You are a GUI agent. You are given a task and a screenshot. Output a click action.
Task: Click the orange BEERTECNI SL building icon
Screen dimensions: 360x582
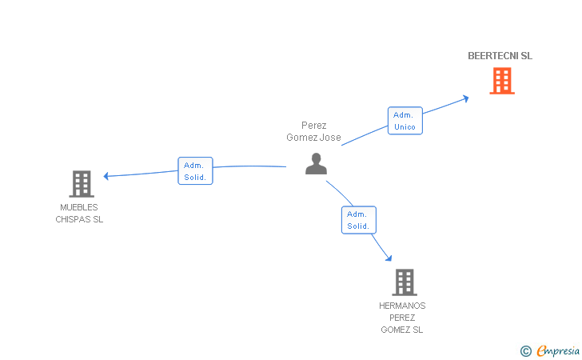[501, 80]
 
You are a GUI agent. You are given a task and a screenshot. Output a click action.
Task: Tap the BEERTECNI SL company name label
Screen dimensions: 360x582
[500, 56]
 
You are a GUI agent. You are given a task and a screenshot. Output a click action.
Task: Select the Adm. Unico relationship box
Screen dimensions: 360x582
[405, 121]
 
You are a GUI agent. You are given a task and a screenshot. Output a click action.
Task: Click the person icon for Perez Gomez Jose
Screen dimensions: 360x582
[317, 163]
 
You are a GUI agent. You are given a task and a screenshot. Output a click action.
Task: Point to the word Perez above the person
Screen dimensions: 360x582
[314, 126]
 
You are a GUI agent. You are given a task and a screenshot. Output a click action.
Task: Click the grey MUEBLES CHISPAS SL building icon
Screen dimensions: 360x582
[81, 184]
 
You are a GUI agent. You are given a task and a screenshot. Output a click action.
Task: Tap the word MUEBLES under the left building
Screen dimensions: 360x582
[79, 207]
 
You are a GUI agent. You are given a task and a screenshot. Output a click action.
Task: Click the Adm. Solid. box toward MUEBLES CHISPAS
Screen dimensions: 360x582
[195, 170]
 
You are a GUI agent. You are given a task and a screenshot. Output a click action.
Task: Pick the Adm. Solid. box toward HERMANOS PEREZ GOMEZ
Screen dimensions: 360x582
[358, 220]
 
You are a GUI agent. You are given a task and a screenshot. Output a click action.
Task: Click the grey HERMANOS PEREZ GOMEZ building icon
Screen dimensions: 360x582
[404, 282]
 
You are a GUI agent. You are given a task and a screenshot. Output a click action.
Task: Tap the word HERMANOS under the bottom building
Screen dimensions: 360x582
[402, 306]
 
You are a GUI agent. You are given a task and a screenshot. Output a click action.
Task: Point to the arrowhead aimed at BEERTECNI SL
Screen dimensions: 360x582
[465, 98]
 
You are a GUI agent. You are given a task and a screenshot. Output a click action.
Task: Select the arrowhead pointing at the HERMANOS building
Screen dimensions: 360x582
[389, 258]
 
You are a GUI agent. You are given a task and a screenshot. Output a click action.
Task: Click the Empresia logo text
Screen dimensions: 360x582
[558, 350]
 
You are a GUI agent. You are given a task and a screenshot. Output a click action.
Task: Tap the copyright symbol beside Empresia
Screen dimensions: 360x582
[525, 350]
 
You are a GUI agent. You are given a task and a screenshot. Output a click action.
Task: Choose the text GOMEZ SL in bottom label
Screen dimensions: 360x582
[402, 330]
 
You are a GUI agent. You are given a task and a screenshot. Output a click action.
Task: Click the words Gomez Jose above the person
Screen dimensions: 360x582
[313, 138]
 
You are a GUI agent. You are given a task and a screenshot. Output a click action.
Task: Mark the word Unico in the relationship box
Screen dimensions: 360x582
[405, 127]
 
